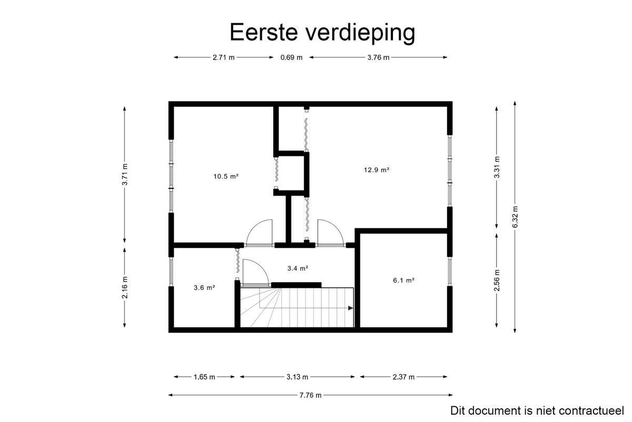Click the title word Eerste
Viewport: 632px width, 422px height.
(x=264, y=32)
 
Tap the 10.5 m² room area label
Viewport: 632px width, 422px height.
(x=226, y=176)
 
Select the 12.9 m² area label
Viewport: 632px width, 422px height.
(x=377, y=170)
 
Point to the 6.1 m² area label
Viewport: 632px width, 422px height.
(x=404, y=280)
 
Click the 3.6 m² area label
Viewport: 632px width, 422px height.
(x=204, y=288)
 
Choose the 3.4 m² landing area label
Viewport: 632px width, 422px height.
(x=298, y=268)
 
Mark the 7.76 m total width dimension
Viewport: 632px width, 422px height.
(x=310, y=395)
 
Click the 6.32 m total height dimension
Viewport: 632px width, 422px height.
(x=515, y=217)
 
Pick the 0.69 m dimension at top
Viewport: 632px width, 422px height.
(x=291, y=57)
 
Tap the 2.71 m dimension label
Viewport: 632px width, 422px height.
(x=223, y=57)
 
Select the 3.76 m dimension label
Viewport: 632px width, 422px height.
(x=378, y=57)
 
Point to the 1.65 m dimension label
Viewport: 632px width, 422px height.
(x=204, y=377)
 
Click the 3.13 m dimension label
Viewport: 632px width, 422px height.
(x=298, y=377)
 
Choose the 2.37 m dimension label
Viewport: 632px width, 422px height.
(x=403, y=377)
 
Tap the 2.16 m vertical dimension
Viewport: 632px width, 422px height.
(x=125, y=287)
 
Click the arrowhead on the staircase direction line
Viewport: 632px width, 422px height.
(x=351, y=308)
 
